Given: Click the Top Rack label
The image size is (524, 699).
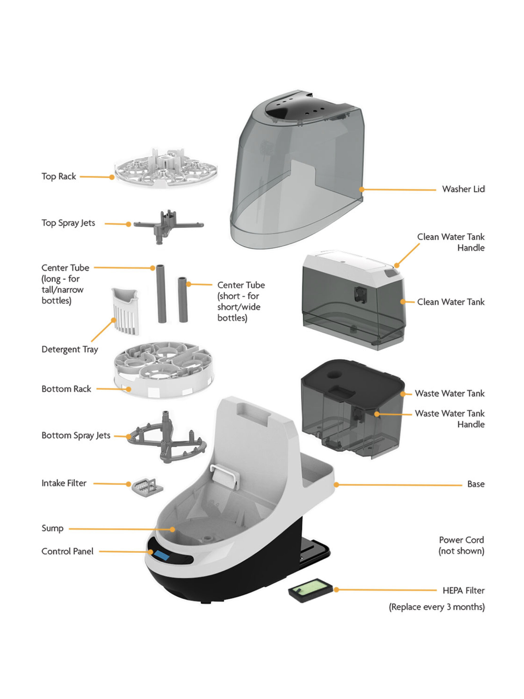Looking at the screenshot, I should [x=59, y=176].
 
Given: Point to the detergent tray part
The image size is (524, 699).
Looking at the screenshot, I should [x=126, y=311].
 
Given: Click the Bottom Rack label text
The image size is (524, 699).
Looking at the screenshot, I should [x=66, y=389].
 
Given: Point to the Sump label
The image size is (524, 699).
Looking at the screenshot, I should [x=52, y=528].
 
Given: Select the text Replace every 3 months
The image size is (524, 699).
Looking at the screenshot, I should [x=436, y=607].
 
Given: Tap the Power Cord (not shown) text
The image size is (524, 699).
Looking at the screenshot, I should [x=461, y=545].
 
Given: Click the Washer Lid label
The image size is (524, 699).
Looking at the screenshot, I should [x=463, y=189].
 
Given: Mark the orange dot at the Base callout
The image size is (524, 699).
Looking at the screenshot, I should [x=336, y=484].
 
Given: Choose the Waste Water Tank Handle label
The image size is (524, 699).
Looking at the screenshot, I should [x=450, y=419].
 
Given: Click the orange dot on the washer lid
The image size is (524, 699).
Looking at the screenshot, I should [x=362, y=189].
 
